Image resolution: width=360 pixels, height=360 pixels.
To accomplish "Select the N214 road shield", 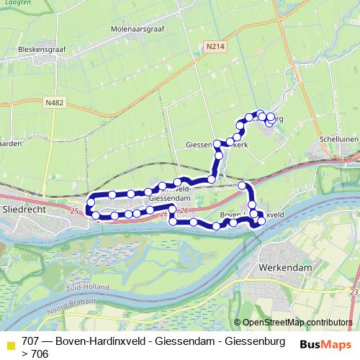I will click(x=211, y=46).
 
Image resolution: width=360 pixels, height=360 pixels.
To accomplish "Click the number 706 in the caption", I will click(x=40, y=354).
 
